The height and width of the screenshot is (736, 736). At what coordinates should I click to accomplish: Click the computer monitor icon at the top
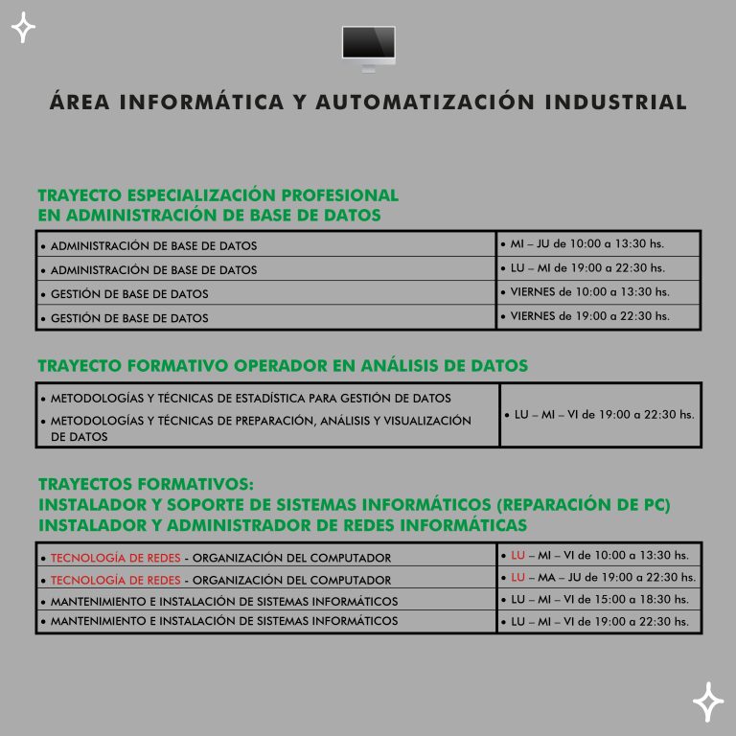[369, 46]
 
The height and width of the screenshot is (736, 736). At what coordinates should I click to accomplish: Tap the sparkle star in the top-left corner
[23, 29]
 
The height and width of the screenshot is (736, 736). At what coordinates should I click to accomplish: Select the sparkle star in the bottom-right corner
[708, 701]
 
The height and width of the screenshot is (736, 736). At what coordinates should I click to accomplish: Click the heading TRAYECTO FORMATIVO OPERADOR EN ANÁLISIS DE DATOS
[283, 366]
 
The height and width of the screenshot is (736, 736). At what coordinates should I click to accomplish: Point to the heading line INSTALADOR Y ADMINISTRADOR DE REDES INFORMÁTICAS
[283, 525]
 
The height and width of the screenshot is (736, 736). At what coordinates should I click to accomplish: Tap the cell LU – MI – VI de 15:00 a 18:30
[600, 599]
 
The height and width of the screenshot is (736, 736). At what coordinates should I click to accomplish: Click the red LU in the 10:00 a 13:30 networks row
[518, 555]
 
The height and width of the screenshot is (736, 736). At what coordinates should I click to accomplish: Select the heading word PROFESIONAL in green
[340, 195]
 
